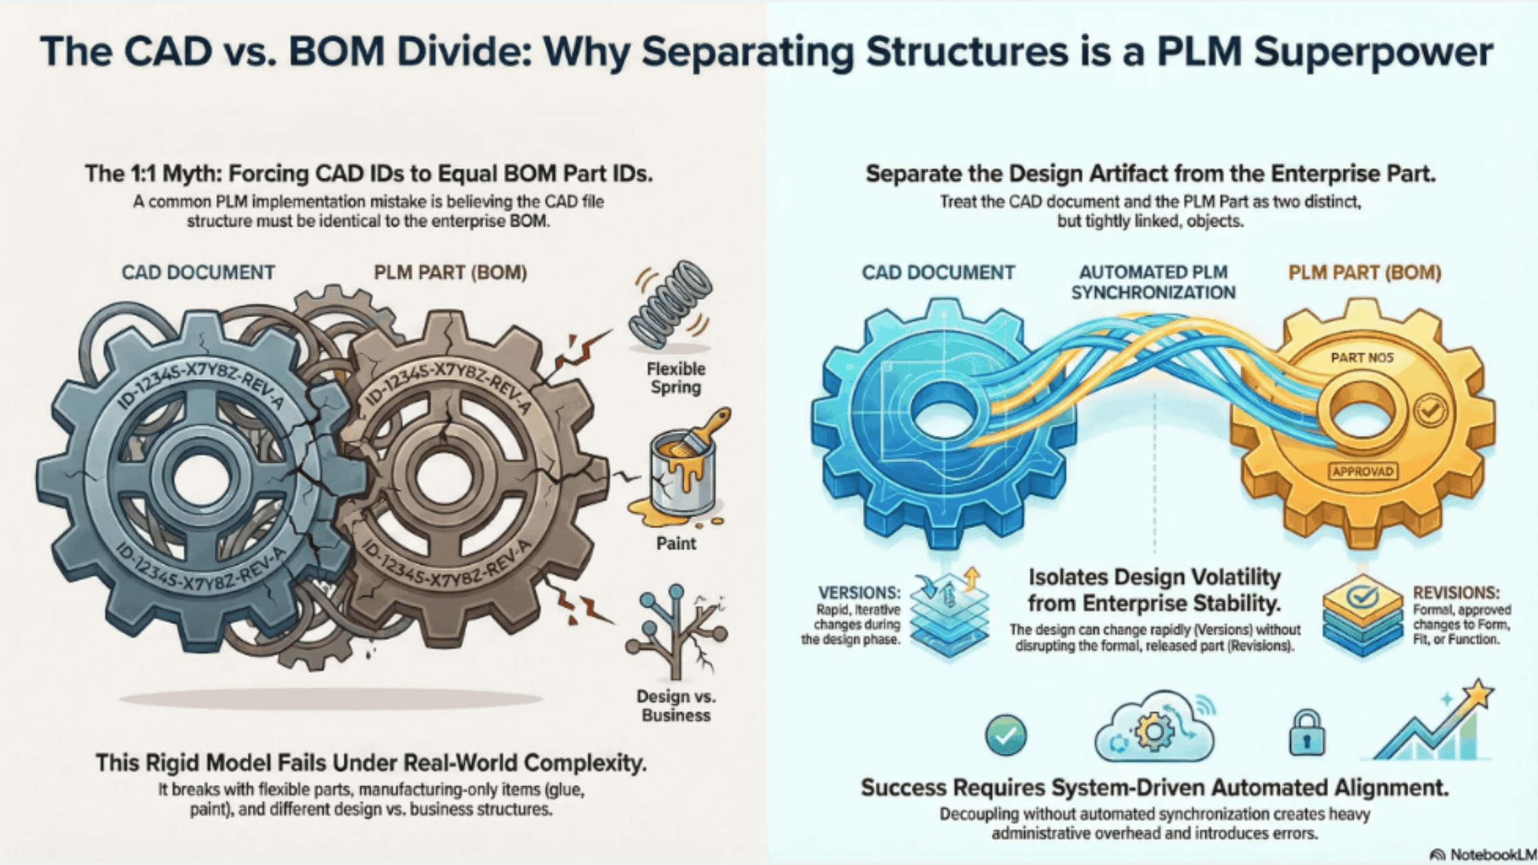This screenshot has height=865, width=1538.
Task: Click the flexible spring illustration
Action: [x=672, y=305]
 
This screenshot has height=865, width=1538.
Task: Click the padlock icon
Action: [x=1306, y=734]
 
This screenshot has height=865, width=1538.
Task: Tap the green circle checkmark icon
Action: [x=1006, y=735]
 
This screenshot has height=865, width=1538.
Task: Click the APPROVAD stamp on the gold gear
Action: [x=1362, y=472]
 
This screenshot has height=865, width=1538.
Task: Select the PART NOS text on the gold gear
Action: [x=1362, y=357]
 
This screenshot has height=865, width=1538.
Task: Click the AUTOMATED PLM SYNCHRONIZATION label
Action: [x=1153, y=282]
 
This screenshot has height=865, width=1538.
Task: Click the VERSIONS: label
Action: [x=859, y=592]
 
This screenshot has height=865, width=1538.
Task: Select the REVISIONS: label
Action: [x=1456, y=592]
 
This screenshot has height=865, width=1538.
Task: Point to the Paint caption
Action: [x=676, y=544]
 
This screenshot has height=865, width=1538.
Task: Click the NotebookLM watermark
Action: [x=1483, y=855]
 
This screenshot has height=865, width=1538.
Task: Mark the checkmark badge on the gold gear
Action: [x=1430, y=411]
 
